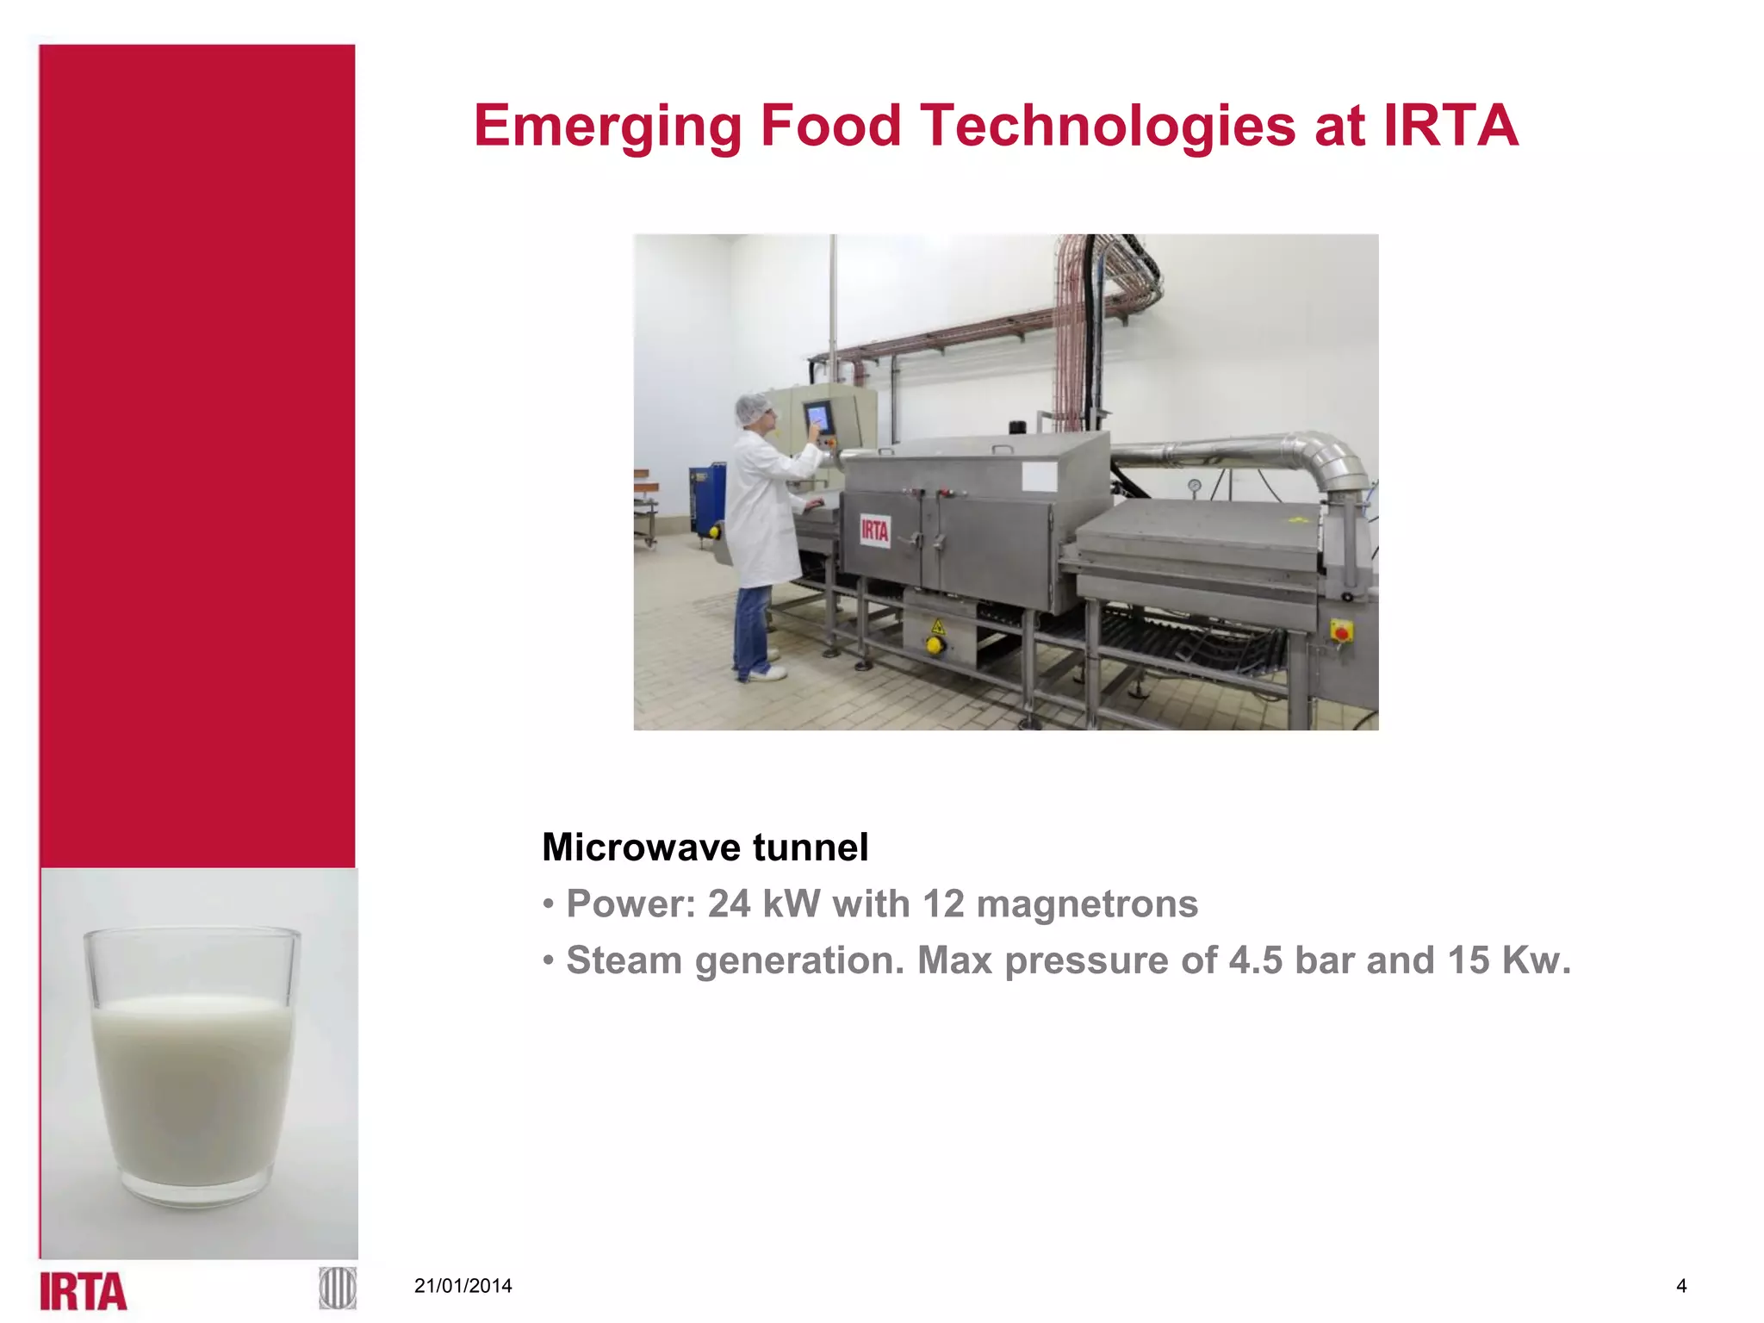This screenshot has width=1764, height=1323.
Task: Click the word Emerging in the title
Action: [607, 127]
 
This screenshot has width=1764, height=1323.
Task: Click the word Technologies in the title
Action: [1108, 127]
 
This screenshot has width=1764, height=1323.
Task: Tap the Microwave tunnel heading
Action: [705, 848]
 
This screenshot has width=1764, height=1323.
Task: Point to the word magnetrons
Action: [1087, 904]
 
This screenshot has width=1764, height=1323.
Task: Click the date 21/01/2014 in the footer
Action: [463, 1286]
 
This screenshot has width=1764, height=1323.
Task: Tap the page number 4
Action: [1681, 1286]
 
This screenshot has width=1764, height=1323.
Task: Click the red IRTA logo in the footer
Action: [84, 1291]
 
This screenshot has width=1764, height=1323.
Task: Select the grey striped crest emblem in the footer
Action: [337, 1289]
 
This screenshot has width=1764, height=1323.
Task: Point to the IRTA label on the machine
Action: [874, 530]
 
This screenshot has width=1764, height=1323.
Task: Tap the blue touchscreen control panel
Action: [817, 419]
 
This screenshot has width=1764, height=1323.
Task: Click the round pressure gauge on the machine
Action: [1194, 487]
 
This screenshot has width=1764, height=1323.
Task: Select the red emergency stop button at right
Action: [1341, 633]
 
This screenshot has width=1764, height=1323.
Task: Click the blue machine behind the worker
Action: [706, 500]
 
